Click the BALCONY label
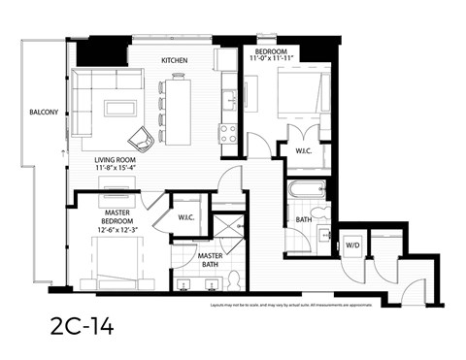click(45, 111)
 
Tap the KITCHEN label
click(174, 61)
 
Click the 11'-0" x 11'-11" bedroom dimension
click(270, 60)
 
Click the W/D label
click(350, 246)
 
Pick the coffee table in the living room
click(120, 108)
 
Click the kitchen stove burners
click(229, 134)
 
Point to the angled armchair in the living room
click(142, 141)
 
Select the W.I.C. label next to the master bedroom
click(187, 216)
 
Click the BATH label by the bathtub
click(304, 219)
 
